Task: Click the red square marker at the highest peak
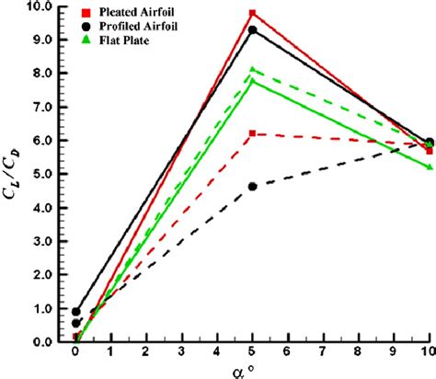coord(253,14)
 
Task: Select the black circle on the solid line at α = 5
coord(253,29)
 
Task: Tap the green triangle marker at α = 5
coord(253,70)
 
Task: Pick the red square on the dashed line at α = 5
coord(253,133)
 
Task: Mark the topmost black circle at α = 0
coord(76,312)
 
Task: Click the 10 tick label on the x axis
coord(428,353)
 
